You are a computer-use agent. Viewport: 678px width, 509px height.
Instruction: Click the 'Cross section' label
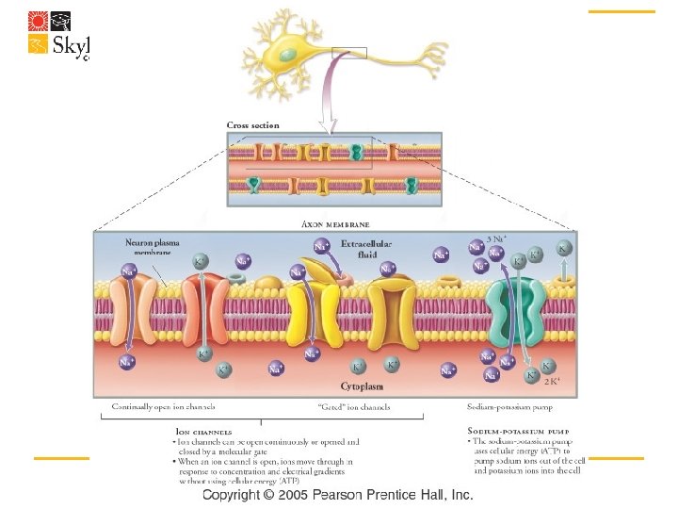pos(252,124)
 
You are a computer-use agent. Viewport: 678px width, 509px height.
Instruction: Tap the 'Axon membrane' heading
pos(335,224)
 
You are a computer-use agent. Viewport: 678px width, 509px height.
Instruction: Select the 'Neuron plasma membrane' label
pos(150,247)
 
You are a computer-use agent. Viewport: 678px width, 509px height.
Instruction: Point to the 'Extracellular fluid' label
pos(363,248)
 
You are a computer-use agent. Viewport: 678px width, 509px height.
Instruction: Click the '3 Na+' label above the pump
pos(496,238)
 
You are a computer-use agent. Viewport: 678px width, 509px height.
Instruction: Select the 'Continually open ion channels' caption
pos(164,407)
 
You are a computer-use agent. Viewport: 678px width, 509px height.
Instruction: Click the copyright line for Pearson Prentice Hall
pos(337,496)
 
